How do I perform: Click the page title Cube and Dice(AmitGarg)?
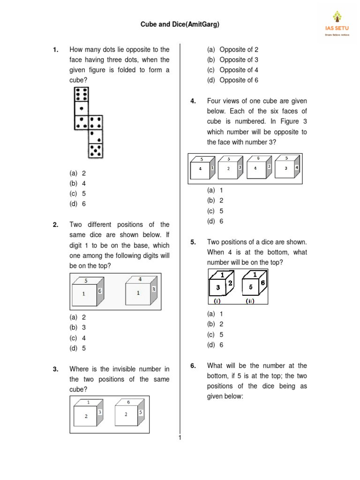180,24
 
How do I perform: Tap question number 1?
55,50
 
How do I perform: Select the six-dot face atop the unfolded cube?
82,94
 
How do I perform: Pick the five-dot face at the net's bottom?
96,150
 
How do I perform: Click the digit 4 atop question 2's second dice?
140,279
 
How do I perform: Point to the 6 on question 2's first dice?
100,291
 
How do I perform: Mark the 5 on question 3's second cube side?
141,412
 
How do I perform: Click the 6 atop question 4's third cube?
258,158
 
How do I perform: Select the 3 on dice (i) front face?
217,286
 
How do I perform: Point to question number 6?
193,366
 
